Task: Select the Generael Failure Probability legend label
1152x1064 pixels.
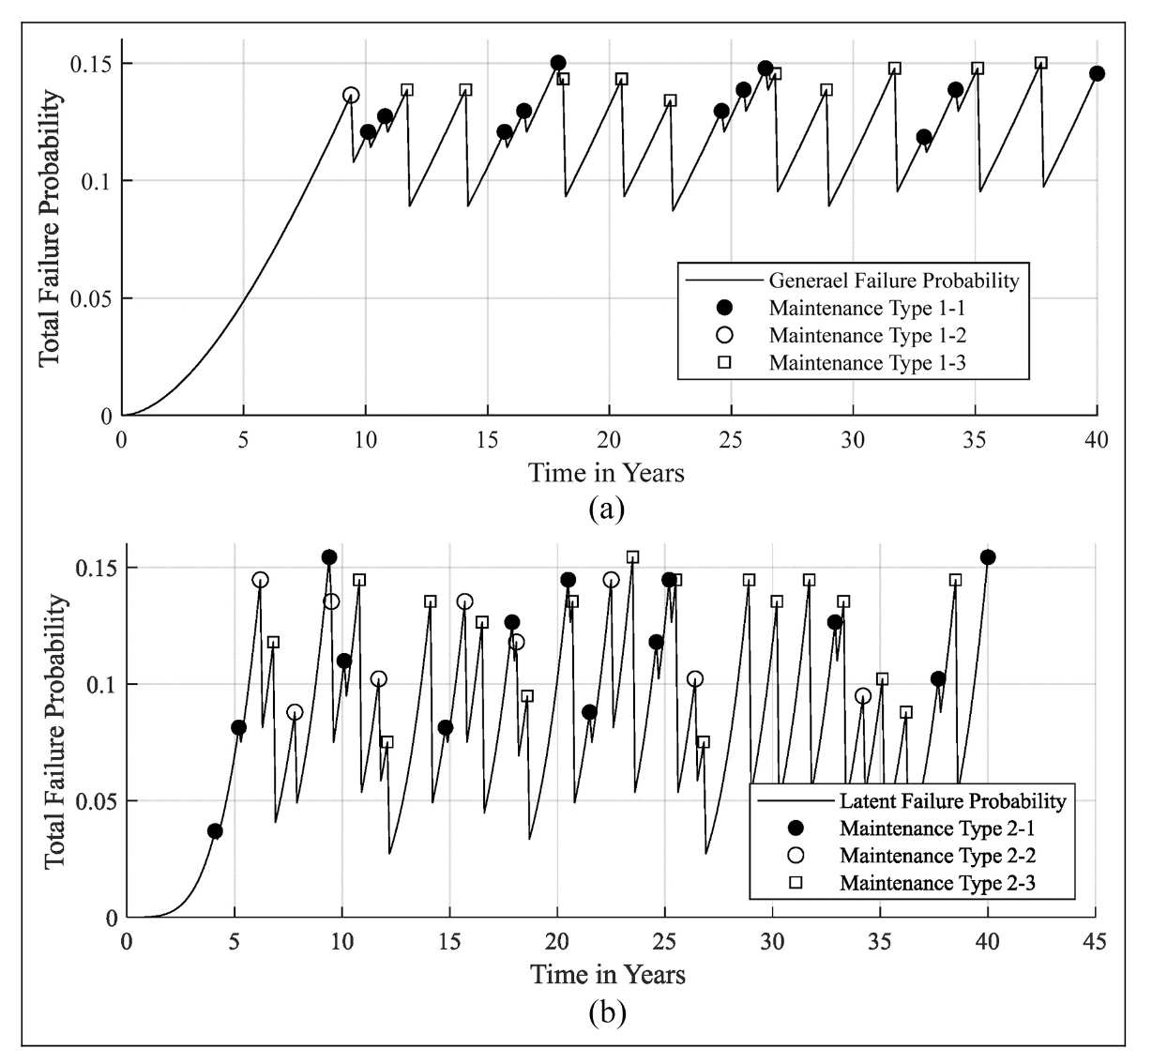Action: click(893, 280)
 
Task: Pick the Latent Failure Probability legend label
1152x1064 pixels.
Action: click(952, 801)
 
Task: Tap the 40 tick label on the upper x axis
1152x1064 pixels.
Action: click(1097, 438)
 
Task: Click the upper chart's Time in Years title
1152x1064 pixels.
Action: click(605, 472)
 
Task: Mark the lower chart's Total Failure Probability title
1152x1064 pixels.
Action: click(55, 732)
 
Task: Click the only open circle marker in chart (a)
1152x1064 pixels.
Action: click(351, 95)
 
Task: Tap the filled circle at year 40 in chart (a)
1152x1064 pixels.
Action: click(1097, 73)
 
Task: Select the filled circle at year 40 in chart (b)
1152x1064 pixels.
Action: click(987, 557)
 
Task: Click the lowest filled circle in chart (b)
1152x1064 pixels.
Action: click(215, 831)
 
